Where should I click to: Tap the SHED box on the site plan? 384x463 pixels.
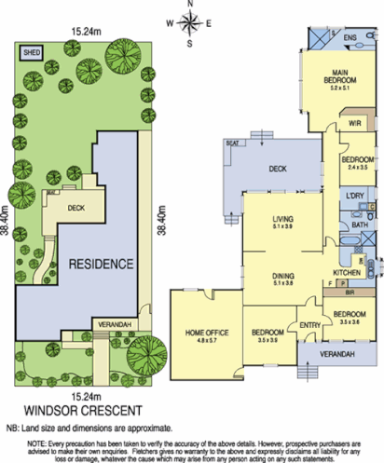click(x=33, y=53)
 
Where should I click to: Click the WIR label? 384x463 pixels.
click(x=353, y=121)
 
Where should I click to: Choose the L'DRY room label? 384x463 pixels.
click(x=355, y=197)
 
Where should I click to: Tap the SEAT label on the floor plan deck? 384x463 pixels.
click(x=232, y=143)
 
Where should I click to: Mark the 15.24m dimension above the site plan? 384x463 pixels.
click(x=87, y=30)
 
